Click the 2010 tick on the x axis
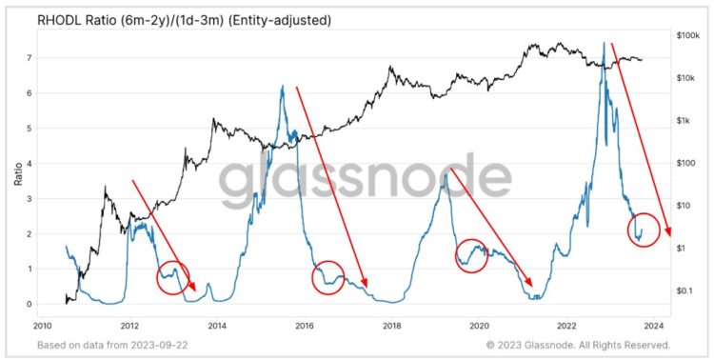tap(43, 324)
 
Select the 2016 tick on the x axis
tap(305, 324)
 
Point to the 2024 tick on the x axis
tap(654, 324)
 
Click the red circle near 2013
tap(173, 277)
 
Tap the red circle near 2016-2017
tap(328, 277)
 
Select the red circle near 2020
tap(472, 255)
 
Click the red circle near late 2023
tap(644, 230)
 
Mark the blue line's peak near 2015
tap(282, 86)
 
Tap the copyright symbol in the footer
tap(489, 345)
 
